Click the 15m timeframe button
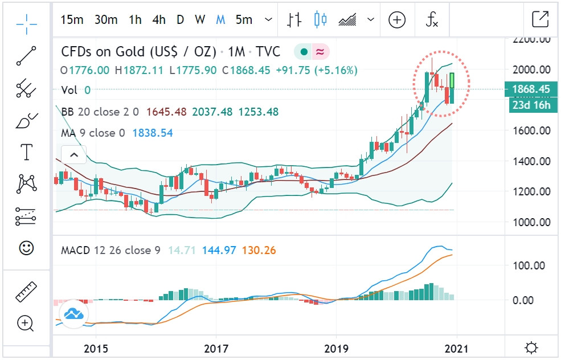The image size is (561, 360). point(72,20)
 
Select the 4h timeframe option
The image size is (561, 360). point(159,20)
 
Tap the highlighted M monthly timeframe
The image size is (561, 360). point(220,20)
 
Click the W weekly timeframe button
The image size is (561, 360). point(199,20)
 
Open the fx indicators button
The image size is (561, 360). point(432,20)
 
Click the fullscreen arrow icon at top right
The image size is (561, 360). point(539,19)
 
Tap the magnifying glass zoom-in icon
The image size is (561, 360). point(26,324)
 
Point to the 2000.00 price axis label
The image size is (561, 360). point(531,70)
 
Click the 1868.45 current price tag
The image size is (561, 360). point(530,89)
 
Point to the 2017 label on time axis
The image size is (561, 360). point(216,347)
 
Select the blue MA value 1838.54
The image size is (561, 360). point(153,133)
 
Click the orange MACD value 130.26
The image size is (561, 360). point(259,250)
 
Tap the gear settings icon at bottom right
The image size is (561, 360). point(531,347)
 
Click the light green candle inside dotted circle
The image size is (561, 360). point(452,80)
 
